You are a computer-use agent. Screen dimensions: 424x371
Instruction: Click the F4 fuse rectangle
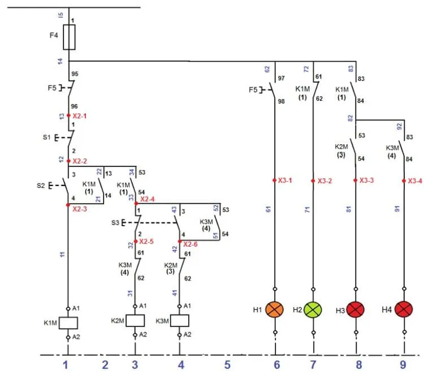point(69,37)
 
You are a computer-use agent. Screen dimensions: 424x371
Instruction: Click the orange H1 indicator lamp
point(275,309)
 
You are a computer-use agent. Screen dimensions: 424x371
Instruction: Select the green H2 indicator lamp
point(313,309)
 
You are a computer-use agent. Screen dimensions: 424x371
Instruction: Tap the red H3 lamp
point(356,309)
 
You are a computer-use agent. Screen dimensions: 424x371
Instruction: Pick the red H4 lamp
point(404,309)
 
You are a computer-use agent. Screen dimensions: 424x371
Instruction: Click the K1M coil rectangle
point(68,323)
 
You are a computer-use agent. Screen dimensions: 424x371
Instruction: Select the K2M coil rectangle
point(135,321)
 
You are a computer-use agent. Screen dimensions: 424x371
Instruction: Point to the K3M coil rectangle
point(180,321)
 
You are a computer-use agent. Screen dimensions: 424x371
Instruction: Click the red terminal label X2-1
point(80,116)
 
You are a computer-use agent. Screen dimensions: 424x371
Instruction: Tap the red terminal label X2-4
point(148,199)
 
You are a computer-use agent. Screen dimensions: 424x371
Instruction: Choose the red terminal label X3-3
point(367,180)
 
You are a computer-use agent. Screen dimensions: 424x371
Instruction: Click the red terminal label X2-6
point(191,244)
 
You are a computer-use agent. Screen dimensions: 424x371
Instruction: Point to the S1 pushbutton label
point(47,137)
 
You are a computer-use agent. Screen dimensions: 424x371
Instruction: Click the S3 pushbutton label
point(115,223)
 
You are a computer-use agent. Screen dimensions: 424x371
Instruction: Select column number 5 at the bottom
point(227,365)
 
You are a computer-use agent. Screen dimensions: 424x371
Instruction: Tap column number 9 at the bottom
point(403,365)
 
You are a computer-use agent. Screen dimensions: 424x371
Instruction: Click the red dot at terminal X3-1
point(274,180)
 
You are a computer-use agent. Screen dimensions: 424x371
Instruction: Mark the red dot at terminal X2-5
point(136,241)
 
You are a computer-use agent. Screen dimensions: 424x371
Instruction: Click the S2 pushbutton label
point(41,185)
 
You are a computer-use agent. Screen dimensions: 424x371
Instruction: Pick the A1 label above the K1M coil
point(76,308)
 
